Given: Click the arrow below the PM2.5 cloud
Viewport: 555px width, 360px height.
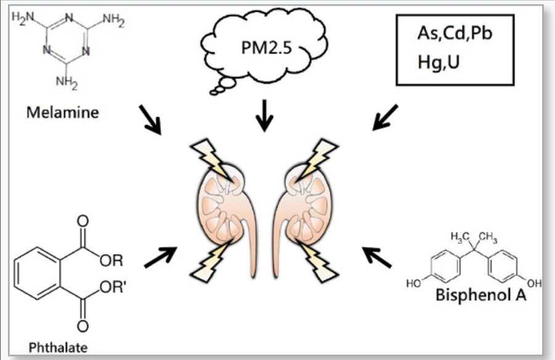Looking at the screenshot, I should [265, 115].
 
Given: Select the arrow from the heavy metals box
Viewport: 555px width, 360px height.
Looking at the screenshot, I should [385, 117].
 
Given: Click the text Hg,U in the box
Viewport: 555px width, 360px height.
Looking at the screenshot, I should [437, 62].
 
